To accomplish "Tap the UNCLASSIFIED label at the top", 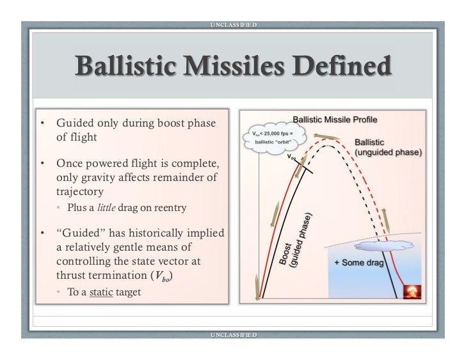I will (233, 25).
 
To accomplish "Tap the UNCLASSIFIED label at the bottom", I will (233, 334).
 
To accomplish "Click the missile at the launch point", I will (256, 282).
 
